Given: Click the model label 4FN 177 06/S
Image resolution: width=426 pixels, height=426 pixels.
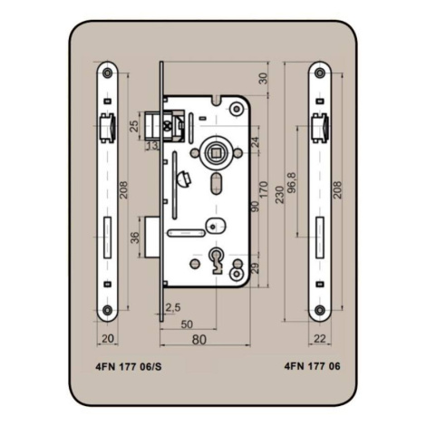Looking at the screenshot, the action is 129,366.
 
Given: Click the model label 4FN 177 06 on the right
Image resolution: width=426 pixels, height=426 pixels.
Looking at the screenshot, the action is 312,366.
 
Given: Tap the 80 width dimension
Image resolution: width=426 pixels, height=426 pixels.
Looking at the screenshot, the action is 199,340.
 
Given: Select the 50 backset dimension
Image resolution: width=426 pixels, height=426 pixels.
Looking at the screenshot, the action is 187,324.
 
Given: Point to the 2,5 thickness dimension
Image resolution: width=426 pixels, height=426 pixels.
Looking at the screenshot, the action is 173,307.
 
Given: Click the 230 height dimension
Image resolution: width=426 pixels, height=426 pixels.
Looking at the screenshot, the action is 280,195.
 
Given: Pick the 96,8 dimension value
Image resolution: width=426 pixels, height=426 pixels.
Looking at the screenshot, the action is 292,182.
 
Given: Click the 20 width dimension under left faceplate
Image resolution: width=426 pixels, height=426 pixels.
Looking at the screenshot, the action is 108,338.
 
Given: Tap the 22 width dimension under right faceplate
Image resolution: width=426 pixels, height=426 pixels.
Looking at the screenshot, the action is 320,339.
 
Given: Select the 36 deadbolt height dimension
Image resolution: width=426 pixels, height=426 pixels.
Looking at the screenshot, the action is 135,237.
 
